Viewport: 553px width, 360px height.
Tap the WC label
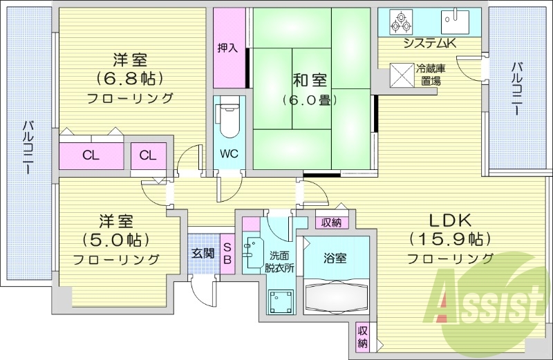point(229,153)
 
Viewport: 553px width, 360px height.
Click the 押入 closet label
point(227,48)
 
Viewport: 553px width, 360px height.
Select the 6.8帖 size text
point(130,77)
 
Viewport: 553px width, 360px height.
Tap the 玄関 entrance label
point(203,253)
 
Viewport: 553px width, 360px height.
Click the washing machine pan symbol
point(281,302)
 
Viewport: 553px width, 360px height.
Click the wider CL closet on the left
point(91,154)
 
